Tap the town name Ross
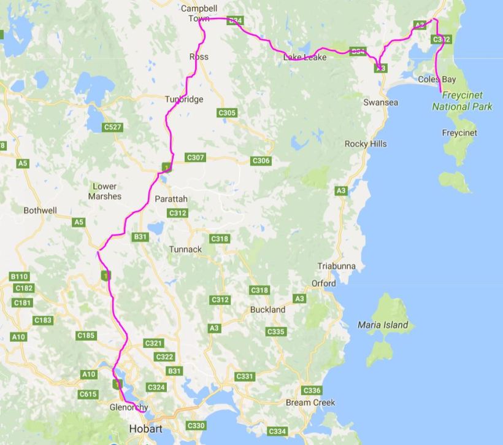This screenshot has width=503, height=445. click(x=199, y=56)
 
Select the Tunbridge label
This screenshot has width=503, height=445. click(x=183, y=99)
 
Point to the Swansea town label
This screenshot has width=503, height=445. click(x=380, y=103)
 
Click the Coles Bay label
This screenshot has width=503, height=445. click(x=437, y=80)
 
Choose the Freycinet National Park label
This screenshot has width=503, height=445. click(x=463, y=101)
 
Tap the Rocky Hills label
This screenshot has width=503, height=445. click(x=366, y=144)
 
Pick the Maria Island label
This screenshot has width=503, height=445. click(x=383, y=325)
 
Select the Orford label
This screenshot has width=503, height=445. click(x=323, y=284)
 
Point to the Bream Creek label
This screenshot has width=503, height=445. click(x=310, y=403)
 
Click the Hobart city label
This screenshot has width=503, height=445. click(x=145, y=429)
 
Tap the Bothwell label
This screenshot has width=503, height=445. click(x=40, y=211)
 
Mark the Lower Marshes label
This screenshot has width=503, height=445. click(x=104, y=192)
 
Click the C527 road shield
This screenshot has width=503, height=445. click(x=113, y=127)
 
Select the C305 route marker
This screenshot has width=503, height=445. click(x=226, y=113)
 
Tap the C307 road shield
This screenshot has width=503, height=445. click(x=195, y=158)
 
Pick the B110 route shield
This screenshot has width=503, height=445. click(x=20, y=277)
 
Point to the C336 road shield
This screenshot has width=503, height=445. click(x=312, y=390)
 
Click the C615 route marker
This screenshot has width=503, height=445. click(x=88, y=394)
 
